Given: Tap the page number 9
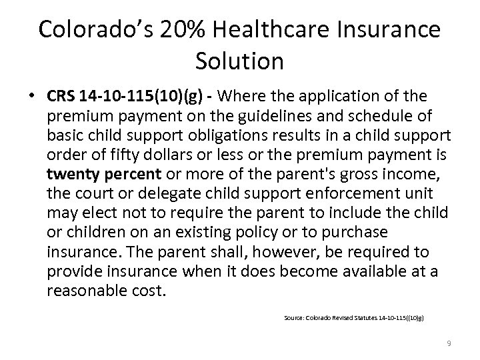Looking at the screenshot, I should coord(449,343).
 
